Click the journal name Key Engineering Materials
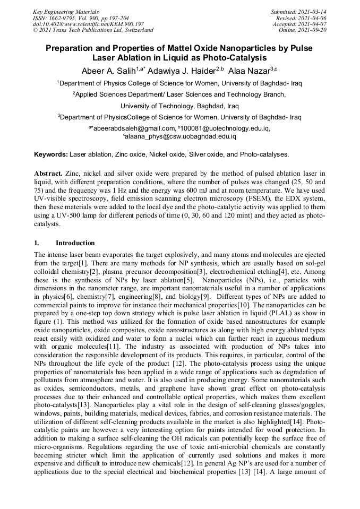tap(65, 11)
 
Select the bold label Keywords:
tap(51, 154)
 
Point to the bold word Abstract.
tap(48, 174)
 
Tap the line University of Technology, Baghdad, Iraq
tap(179, 106)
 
